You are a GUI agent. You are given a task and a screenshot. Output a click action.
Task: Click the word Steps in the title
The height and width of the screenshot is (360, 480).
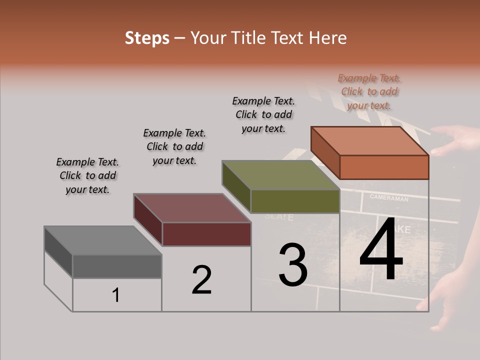click(147, 38)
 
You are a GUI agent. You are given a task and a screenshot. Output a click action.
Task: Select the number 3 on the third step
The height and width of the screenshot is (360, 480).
click(292, 265)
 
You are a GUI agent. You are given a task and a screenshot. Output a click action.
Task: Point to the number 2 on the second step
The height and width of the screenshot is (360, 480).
click(202, 280)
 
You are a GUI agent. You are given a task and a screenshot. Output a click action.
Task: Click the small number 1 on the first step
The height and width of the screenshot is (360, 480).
click(116, 295)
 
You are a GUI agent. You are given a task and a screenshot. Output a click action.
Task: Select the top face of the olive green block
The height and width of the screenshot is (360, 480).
click(281, 175)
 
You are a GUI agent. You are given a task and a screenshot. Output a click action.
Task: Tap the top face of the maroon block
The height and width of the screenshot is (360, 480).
click(192, 208)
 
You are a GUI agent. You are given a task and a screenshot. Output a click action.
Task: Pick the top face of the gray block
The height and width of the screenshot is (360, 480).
click(103, 240)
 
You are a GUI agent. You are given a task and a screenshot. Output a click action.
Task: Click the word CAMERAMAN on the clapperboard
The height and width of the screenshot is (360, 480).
click(389, 198)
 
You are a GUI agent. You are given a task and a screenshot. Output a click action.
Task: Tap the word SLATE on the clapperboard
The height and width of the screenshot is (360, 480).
click(279, 217)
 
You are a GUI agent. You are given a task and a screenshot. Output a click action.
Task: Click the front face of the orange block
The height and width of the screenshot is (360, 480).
click(384, 167)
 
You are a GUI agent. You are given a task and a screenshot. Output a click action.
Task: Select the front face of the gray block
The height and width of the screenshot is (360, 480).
click(117, 266)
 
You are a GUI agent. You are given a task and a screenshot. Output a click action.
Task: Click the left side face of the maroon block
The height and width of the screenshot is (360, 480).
click(148, 220)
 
